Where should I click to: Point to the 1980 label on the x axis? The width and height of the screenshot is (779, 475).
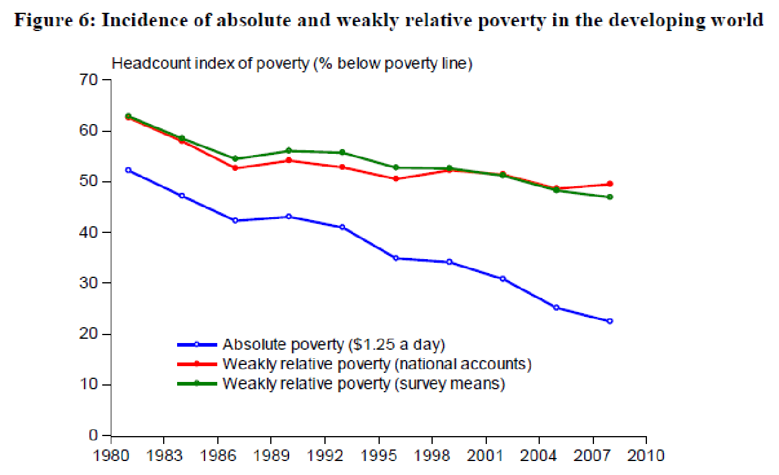coord(110,455)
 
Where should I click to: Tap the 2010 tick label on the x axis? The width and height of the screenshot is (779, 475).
coord(646,455)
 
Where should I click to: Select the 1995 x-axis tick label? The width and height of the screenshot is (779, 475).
coord(379,455)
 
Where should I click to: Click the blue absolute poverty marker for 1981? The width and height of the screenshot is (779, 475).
coord(128,170)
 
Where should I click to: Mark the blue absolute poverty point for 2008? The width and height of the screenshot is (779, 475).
coord(610,321)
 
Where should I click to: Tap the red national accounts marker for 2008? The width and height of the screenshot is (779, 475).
coord(610,184)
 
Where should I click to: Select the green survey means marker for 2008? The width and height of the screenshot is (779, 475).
coord(610,196)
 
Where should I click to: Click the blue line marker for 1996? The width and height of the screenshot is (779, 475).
coord(396,258)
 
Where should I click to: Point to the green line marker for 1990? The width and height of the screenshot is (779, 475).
coord(288,151)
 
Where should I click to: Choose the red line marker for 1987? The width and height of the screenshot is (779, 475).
coord(235,168)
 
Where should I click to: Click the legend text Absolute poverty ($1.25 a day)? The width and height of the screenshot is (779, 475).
coord(334,344)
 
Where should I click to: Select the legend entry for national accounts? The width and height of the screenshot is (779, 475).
coord(377,364)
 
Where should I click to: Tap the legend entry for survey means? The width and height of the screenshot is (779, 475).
coord(364,384)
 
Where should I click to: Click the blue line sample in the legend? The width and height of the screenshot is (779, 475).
coord(197,344)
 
